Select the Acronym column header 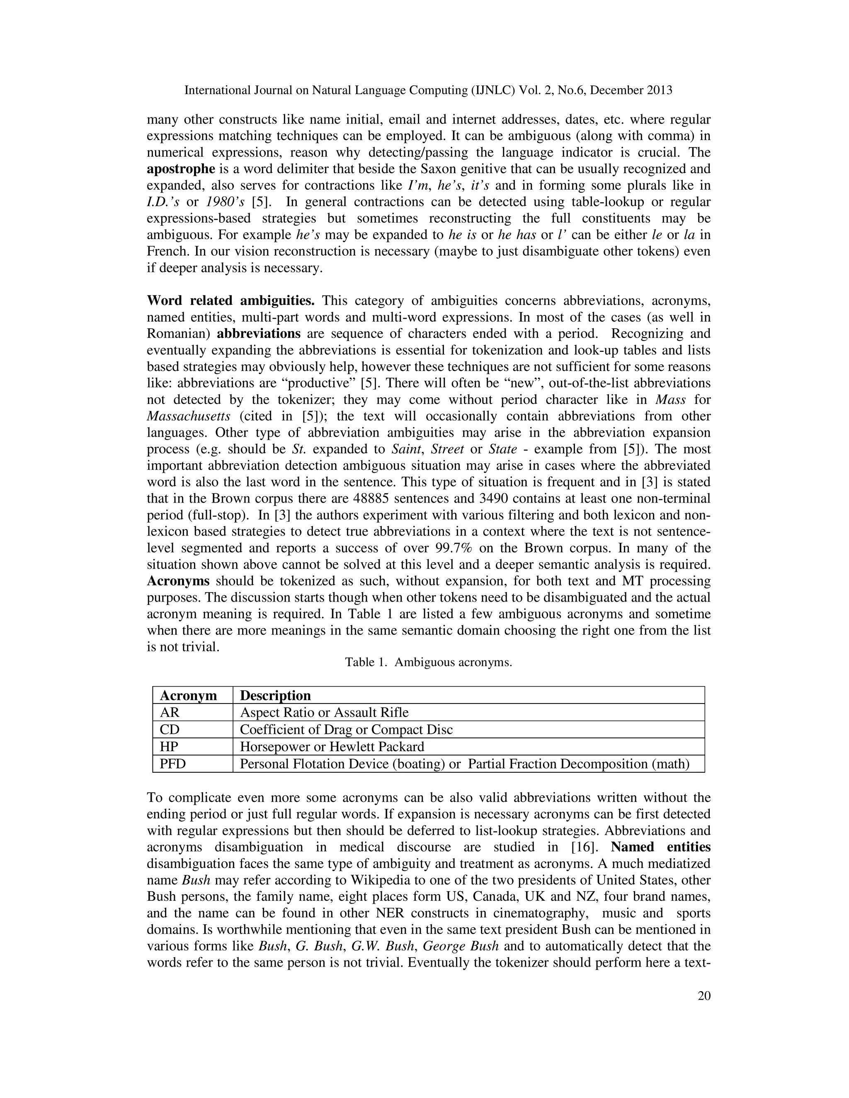pyautogui.click(x=188, y=695)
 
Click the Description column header pyautogui.click(x=275, y=695)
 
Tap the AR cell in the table pyautogui.click(x=170, y=712)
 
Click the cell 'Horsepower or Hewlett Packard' pyautogui.click(x=332, y=747)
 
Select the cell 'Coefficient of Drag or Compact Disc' pyautogui.click(x=346, y=730)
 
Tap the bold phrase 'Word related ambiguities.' pyautogui.click(x=230, y=301)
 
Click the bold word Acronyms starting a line pyautogui.click(x=178, y=581)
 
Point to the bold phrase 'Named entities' pyautogui.click(x=660, y=847)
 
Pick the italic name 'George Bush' pyautogui.click(x=461, y=946)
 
